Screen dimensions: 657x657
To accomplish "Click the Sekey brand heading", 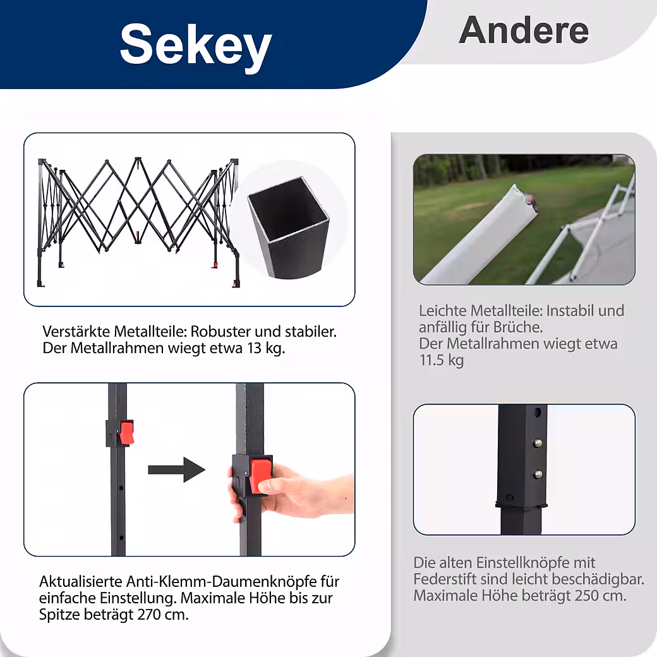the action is [196, 45].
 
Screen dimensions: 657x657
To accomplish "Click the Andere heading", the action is [524, 30].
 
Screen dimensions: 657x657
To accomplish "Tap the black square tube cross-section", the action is [289, 227].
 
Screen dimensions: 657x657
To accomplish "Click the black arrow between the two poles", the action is [177, 470].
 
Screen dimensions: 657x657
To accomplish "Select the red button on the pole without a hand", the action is [126, 433].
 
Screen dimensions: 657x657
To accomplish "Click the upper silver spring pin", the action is [537, 442].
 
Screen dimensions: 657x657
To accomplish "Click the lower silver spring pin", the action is [538, 474].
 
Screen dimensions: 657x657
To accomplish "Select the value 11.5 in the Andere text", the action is [431, 360].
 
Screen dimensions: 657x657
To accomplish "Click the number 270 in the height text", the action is [148, 615].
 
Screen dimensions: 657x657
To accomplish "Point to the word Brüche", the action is [518, 327].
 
